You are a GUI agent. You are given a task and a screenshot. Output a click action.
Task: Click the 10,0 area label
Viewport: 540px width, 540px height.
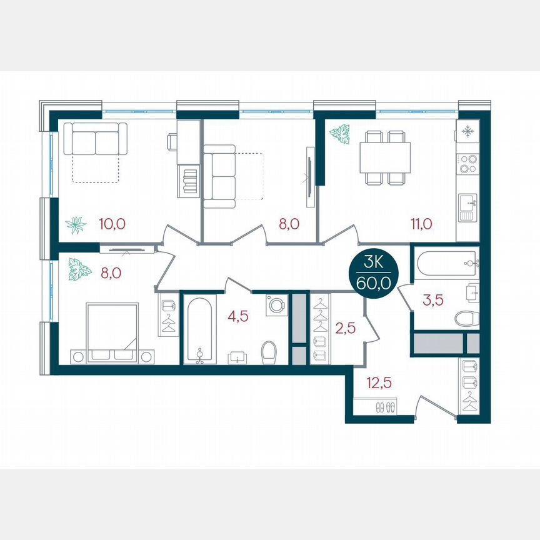pyautogui.click(x=112, y=224)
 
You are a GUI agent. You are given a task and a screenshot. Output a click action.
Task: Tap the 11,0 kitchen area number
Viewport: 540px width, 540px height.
pyautogui.click(x=421, y=224)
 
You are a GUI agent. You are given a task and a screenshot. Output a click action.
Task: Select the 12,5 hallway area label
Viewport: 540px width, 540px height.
pyautogui.click(x=379, y=382)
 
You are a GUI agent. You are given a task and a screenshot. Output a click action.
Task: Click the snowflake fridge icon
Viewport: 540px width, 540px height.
pyautogui.click(x=467, y=131)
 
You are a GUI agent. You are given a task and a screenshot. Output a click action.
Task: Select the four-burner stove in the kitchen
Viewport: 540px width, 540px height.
pyautogui.click(x=467, y=164)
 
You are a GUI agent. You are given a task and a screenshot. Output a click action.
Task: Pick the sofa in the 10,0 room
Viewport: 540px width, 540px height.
pyautogui.click(x=96, y=139)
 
